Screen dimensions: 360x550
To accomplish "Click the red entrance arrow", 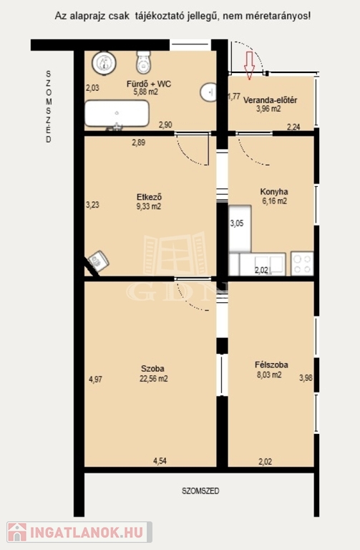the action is pos(249,65).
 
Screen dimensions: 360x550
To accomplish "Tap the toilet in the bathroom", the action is pos(143,62).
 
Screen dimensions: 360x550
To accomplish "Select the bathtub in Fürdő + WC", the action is pos(117,113).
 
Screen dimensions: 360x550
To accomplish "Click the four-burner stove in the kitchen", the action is pos(302,264).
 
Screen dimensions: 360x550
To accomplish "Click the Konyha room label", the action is pos(274,191).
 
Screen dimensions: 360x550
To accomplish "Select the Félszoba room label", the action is pos(271,365).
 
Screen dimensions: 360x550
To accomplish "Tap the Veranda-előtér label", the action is pos(270,100).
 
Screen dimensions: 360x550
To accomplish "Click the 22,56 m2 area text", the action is pos(154,378).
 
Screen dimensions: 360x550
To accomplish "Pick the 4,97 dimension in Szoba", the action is pos(95,379).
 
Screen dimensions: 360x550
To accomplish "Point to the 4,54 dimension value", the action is pos(160,461).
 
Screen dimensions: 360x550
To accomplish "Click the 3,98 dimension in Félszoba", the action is pos(306,378).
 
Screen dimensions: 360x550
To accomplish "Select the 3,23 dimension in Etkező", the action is pos(92,205).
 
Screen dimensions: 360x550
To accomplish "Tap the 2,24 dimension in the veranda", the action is pos(293,127).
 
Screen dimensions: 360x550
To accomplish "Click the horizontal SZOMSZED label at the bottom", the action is pos(200,491).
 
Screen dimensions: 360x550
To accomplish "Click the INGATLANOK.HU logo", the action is pos(79,532).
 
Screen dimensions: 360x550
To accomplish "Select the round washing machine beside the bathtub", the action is pos(104,63).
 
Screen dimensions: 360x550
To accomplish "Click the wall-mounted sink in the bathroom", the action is pos(208,92).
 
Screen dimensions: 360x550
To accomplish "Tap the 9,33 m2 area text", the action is pos(149,206).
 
